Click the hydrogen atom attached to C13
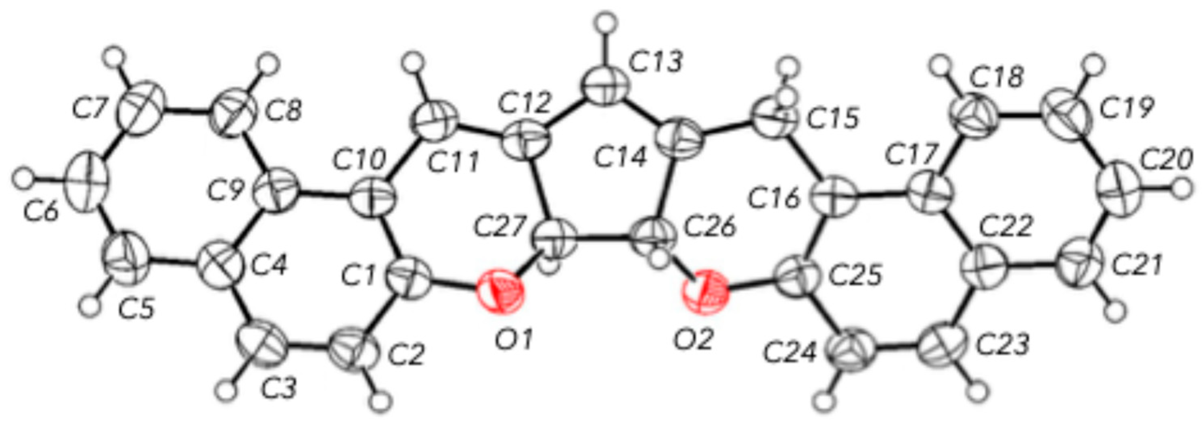606,23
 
